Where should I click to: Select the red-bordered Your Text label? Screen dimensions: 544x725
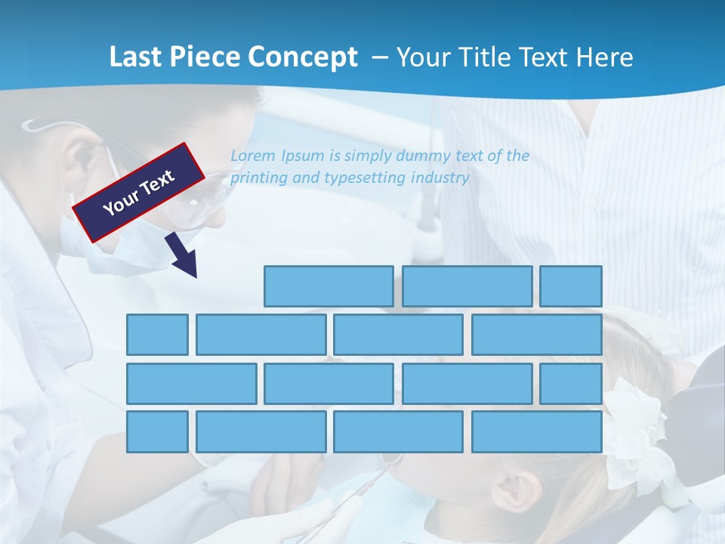click(x=139, y=192)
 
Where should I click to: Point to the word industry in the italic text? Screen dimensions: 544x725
click(x=440, y=178)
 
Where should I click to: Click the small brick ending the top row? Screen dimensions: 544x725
click(x=571, y=286)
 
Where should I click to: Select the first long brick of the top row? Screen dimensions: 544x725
click(x=329, y=286)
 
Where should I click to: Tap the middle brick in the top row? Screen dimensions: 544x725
click(x=467, y=286)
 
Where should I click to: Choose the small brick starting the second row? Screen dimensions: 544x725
click(x=157, y=335)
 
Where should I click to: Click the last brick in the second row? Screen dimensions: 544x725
click(x=537, y=335)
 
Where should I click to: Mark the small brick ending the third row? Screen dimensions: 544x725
click(x=571, y=384)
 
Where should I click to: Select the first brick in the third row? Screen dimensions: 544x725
click(x=192, y=384)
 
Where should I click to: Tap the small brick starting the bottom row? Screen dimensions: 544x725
click(x=157, y=432)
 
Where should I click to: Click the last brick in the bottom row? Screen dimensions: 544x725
click(x=537, y=432)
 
